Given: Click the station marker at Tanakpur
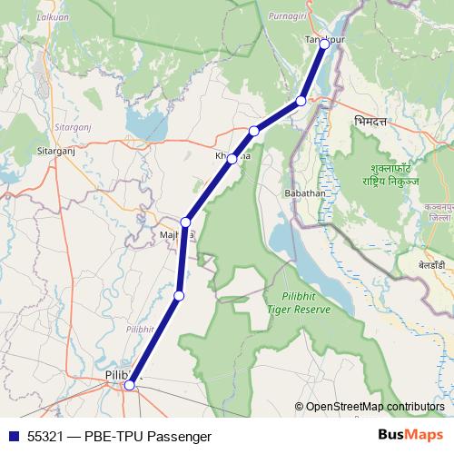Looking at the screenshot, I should (324, 44).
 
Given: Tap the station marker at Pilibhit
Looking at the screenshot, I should (130, 385).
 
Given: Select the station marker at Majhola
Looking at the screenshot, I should (186, 222).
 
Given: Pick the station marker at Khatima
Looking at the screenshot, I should (232, 159).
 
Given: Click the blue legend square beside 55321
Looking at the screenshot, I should (12, 436).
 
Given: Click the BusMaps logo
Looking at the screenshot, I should (410, 435).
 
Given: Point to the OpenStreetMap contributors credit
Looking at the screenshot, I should (375, 407).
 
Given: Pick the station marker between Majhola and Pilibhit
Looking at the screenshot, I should (179, 295).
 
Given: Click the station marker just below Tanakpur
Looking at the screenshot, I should (301, 101).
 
